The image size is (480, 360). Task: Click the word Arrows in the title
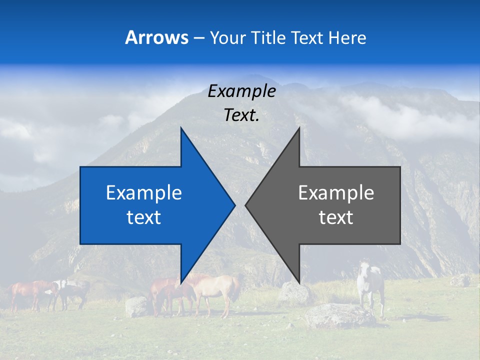(156, 37)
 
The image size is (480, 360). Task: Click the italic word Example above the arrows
(241, 91)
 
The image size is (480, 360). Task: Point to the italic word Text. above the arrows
(241, 115)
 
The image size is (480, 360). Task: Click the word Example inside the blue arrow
(144, 193)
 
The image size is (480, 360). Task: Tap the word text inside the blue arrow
(144, 217)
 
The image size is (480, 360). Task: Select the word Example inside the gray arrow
(336, 193)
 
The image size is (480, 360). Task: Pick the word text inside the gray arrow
(336, 217)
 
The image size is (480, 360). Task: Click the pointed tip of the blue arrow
(234, 205)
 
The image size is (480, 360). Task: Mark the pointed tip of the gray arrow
(246, 205)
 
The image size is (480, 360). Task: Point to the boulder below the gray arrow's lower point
(295, 293)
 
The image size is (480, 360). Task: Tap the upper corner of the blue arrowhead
(181, 129)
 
